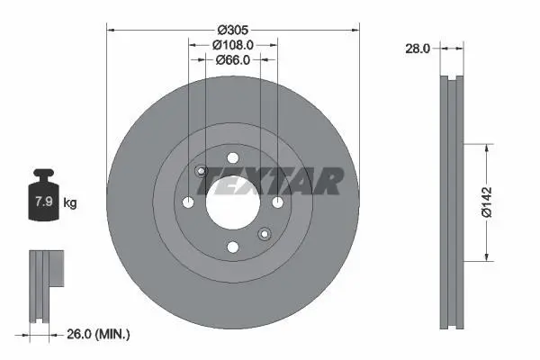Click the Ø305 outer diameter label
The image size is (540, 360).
coord(233,31)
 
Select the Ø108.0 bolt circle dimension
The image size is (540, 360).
coord(233,45)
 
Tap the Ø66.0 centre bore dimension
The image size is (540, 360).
coord(233,60)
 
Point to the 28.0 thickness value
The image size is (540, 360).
coord(418,49)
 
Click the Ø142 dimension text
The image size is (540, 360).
coord(487,202)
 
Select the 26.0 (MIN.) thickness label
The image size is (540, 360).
coord(98,334)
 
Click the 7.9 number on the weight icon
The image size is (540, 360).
coord(44,202)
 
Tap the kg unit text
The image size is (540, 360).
coord(70,202)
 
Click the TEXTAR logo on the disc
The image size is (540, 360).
coord(271,181)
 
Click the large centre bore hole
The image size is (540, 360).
coord(233,202)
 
